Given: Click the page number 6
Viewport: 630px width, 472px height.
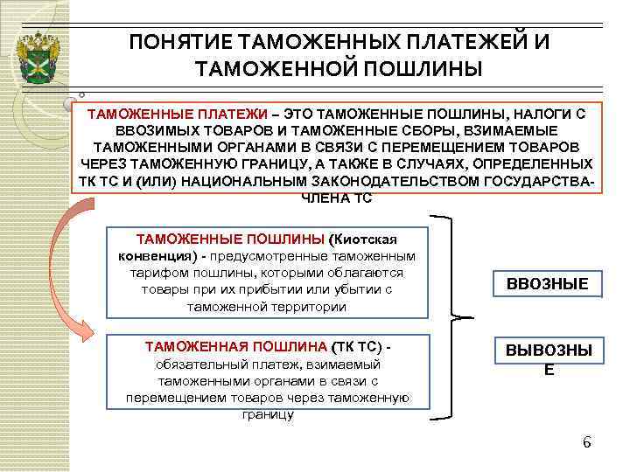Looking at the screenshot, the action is click(587, 441).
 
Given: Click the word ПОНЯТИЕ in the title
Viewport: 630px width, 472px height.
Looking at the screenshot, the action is click(179, 43).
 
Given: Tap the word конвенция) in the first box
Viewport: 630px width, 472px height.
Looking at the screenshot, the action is click(154, 255).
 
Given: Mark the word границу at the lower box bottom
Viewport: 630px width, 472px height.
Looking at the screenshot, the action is click(267, 413).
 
